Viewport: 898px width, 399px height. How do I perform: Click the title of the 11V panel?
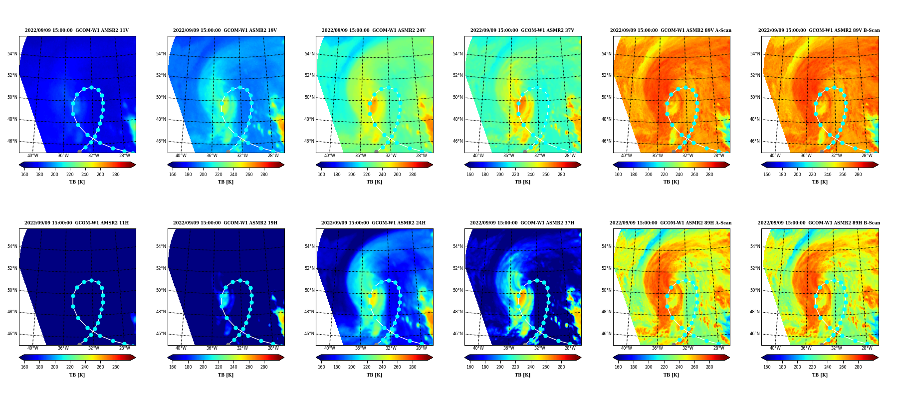tap(77, 30)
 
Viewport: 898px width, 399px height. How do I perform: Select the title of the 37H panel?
tap(522, 223)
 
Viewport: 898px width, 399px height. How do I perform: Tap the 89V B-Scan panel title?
tap(819, 30)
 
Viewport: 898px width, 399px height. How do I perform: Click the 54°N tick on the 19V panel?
tap(161, 54)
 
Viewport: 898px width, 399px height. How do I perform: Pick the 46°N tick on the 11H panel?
tap(12, 334)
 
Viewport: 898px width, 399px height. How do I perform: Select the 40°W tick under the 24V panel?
tap(330, 156)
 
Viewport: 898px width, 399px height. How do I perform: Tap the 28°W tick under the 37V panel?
tap(570, 156)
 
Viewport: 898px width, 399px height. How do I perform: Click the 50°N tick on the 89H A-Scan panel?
tap(606, 290)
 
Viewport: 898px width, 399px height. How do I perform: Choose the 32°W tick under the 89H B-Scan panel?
tap(837, 348)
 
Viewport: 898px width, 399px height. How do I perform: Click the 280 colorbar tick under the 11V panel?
tap(116, 175)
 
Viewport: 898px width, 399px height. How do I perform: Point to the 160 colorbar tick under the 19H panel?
tap(173, 367)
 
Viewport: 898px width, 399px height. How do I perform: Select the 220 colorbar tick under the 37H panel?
tap(515, 367)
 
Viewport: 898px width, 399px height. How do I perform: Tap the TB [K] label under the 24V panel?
tap(374, 182)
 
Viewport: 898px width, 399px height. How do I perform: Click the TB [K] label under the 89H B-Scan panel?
tap(820, 375)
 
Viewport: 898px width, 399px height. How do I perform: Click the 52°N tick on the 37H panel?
tap(457, 268)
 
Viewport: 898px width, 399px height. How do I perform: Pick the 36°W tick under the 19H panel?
tap(212, 348)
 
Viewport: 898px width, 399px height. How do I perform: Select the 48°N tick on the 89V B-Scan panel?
tap(755, 119)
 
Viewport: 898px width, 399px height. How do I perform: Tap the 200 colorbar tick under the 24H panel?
tap(352, 367)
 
